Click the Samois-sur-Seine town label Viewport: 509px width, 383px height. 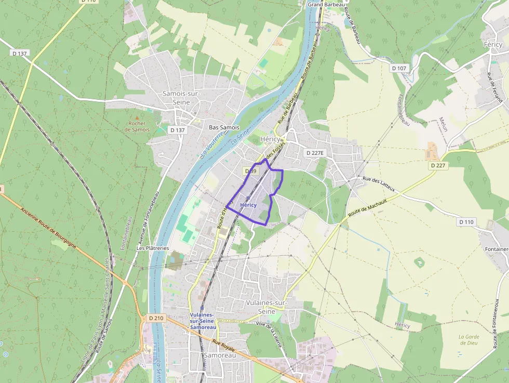[176, 98]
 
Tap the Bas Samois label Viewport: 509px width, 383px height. [224, 127]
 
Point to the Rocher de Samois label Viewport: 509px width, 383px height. [137, 126]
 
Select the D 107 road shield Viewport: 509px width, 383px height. [399, 68]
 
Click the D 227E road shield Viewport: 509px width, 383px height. [315, 153]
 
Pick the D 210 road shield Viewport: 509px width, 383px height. [156, 318]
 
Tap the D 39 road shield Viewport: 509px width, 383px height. [250, 171]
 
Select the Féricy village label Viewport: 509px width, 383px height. [493, 45]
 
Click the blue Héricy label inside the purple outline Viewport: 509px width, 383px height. [248, 205]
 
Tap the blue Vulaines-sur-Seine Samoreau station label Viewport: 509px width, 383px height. [202, 321]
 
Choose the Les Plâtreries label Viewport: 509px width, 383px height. [153, 248]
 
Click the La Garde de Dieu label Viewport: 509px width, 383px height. [468, 340]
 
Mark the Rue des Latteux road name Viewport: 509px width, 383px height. [379, 184]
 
